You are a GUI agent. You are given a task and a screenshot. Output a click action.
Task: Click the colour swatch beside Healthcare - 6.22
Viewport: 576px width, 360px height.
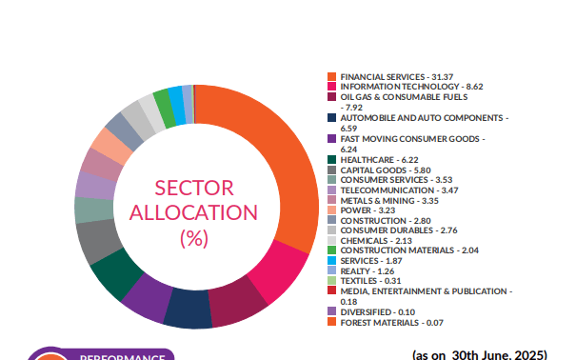point(331,159)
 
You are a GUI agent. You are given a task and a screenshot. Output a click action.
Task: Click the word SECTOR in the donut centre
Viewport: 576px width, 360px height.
point(193,187)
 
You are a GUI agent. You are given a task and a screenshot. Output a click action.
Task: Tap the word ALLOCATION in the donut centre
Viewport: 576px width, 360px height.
point(193,212)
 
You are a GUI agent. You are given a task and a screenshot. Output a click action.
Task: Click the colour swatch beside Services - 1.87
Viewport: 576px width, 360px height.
point(331,260)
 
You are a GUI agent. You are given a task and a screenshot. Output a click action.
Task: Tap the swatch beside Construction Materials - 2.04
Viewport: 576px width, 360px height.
point(331,250)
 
